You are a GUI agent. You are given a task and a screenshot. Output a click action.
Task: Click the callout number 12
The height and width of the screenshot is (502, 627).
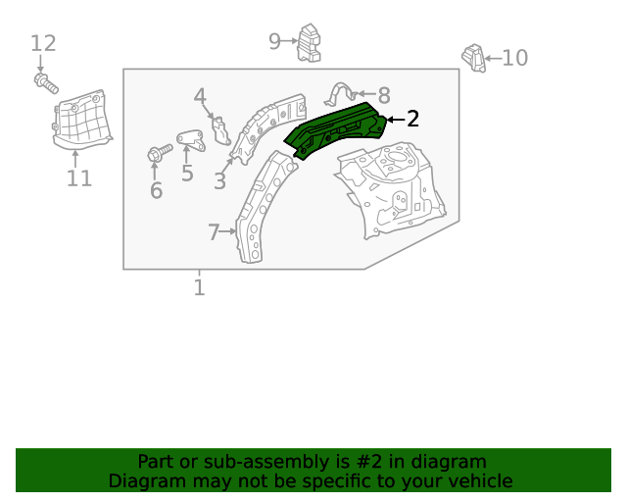tap(43, 44)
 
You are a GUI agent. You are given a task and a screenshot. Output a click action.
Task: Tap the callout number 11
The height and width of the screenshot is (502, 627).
tap(79, 178)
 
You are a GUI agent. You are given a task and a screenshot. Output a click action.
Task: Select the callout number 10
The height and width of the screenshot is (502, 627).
tap(514, 59)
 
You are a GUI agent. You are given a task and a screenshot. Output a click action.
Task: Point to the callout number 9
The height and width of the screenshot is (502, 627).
tap(275, 40)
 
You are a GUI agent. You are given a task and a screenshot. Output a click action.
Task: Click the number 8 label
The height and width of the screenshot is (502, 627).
tap(384, 96)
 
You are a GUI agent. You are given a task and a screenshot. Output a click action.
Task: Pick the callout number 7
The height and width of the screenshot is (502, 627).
tap(214, 232)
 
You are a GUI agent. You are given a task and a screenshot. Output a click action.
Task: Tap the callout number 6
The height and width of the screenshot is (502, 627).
tap(156, 190)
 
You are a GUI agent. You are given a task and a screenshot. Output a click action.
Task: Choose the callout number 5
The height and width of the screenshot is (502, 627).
tap(187, 175)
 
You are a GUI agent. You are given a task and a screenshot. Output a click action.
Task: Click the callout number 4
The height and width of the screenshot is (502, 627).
tap(200, 97)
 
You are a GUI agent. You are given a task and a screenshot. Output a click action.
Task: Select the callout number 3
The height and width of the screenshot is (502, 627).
tap(219, 181)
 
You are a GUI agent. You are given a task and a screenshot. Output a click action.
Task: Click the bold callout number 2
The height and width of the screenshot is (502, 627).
tap(412, 120)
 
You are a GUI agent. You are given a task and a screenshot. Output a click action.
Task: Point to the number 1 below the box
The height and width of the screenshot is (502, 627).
tap(199, 287)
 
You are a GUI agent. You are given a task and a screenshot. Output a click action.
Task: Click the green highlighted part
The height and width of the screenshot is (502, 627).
tap(333, 129)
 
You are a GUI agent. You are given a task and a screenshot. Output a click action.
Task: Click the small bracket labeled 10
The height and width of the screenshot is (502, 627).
tap(474, 58)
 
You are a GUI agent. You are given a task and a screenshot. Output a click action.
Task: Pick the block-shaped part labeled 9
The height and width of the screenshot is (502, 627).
tap(311, 43)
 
